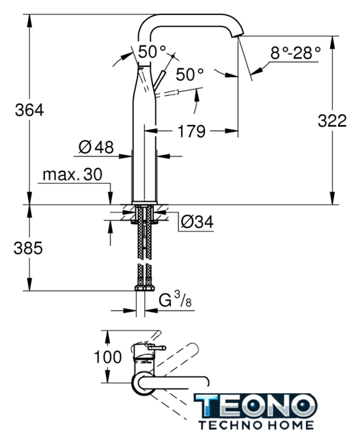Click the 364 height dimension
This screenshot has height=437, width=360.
pyautogui.click(x=29, y=110)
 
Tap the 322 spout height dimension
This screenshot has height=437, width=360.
pyautogui.click(x=332, y=121)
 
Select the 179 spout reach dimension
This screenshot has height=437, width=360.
pyautogui.click(x=191, y=131)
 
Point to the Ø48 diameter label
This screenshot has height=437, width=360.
pyautogui.click(x=96, y=147)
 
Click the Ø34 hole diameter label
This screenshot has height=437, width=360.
pyautogui.click(x=197, y=222)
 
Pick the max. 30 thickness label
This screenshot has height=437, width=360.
pyautogui.click(x=72, y=175)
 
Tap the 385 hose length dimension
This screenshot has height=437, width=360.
pyautogui.click(x=28, y=248)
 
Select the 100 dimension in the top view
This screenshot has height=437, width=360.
pyautogui.click(x=108, y=357)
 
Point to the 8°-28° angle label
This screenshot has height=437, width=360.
pyautogui.click(x=296, y=53)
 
